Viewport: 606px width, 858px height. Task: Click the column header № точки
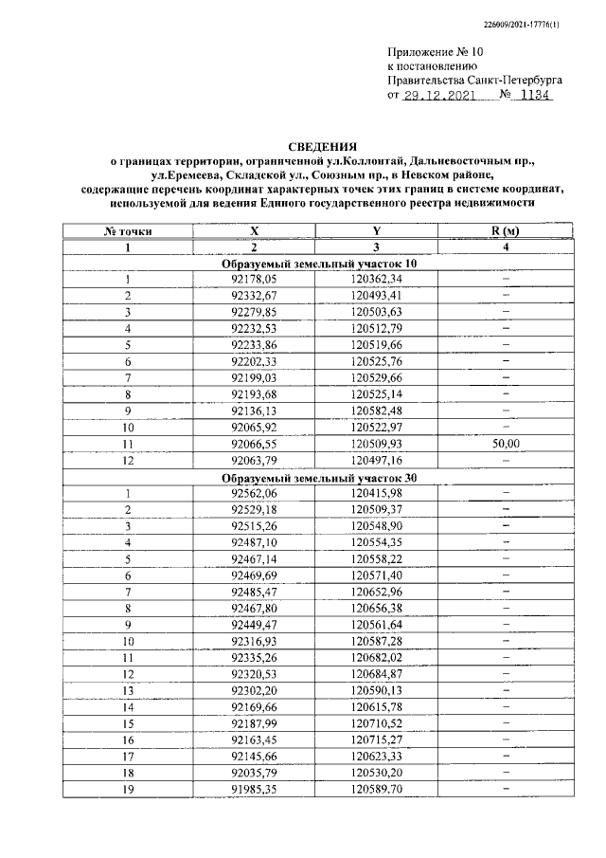[x=127, y=230]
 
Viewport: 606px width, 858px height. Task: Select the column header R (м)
[x=506, y=230]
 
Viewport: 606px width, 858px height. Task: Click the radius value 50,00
[x=506, y=443]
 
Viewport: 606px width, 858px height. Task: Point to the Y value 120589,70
[x=377, y=788]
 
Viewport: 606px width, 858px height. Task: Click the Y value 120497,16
[x=377, y=460]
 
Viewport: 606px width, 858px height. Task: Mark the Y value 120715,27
[x=377, y=739]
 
